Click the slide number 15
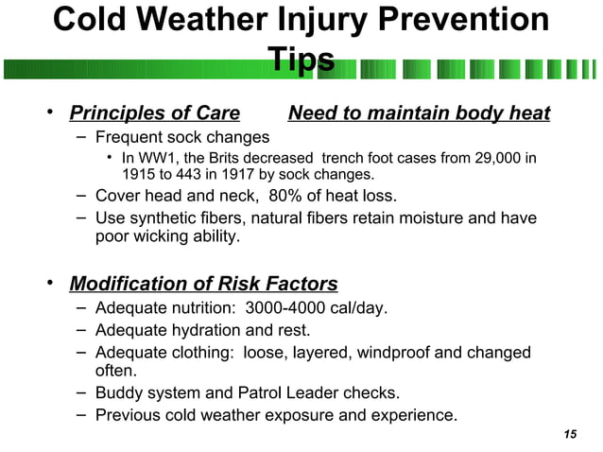coord(569,434)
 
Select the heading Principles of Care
coord(154,114)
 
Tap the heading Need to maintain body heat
coord(419,114)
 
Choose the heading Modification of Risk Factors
coord(203,284)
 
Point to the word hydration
coord(205,330)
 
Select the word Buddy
coord(121,392)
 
